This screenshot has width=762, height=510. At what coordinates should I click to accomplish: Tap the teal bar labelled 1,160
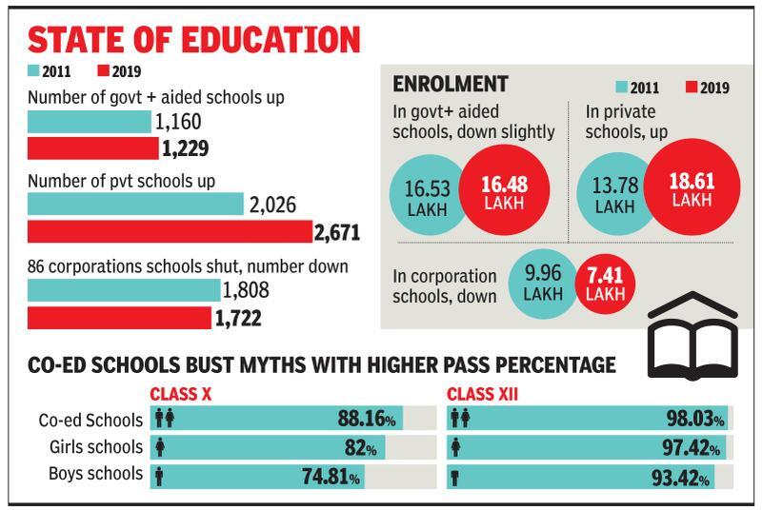coord(89,122)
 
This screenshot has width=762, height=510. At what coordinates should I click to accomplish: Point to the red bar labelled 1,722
coord(118,317)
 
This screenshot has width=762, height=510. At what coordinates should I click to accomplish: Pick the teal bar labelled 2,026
coord(135,205)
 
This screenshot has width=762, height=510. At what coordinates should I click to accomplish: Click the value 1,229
coord(185,148)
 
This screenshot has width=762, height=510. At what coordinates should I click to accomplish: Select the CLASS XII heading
coord(482,393)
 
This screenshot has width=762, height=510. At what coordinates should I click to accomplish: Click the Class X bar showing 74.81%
coord(257,476)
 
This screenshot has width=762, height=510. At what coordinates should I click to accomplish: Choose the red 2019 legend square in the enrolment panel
coord(691,88)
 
